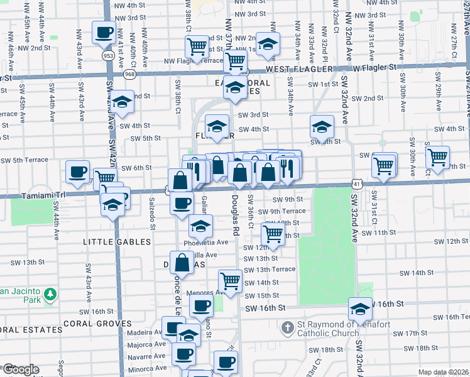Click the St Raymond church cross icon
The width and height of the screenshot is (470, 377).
pyautogui.click(x=288, y=327)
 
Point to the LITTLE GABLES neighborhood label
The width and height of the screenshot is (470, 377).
pyautogui.click(x=117, y=241)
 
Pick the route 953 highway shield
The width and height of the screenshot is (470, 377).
pyautogui.click(x=109, y=55)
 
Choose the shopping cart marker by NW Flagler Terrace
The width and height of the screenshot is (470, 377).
pyautogui.click(x=197, y=46)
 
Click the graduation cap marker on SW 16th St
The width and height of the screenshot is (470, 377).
pyautogui.click(x=361, y=309)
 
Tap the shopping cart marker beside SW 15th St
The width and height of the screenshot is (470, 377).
pyautogui.click(x=231, y=281)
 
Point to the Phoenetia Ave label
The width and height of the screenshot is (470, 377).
pyautogui.click(x=205, y=242)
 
